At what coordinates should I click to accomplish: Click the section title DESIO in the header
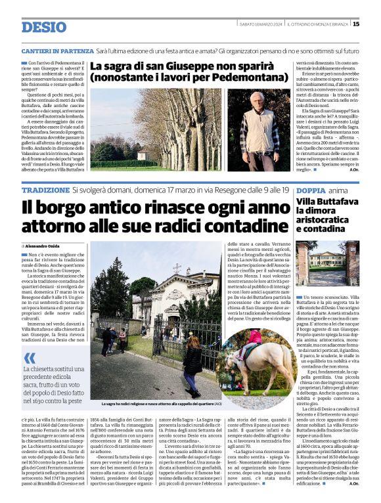(x=44, y=27)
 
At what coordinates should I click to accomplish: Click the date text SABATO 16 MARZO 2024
(x=260, y=24)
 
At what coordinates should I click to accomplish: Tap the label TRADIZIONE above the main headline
(x=45, y=190)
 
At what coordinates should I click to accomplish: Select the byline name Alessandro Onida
(x=44, y=246)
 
